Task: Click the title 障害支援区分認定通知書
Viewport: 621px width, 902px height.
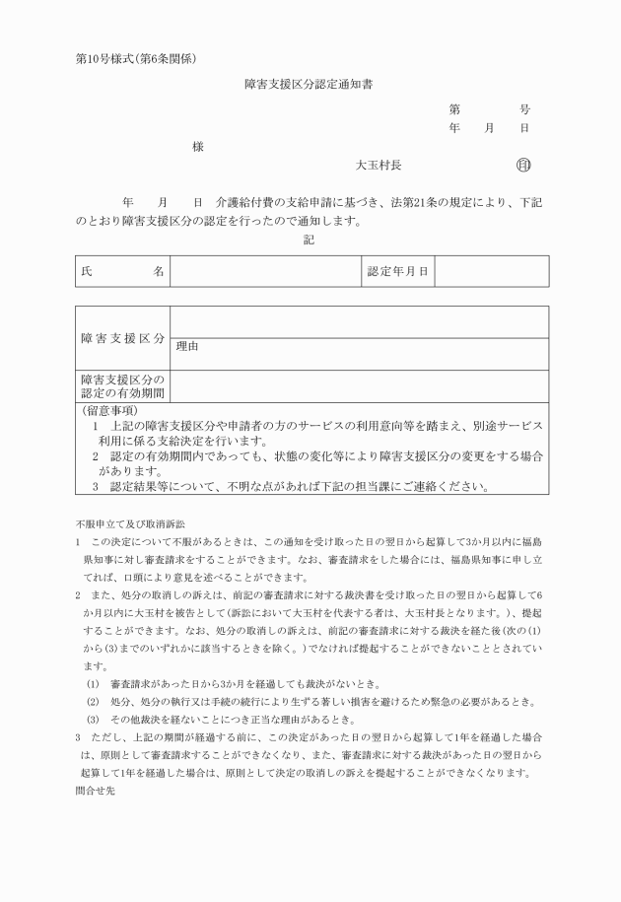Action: click(309, 85)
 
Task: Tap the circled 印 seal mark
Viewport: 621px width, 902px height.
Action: click(523, 166)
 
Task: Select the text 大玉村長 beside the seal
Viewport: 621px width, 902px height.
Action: click(379, 166)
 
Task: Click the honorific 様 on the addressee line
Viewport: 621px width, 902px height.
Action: click(198, 146)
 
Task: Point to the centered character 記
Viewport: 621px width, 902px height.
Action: click(309, 240)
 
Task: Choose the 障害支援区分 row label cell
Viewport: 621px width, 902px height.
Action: click(122, 338)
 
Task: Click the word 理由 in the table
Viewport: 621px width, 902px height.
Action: click(187, 346)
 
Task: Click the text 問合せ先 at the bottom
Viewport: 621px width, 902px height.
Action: click(96, 791)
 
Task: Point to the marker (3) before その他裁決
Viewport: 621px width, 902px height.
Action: click(93, 720)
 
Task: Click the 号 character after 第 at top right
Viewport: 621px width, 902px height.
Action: click(524, 110)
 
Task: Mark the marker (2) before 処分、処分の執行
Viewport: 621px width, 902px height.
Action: click(93, 702)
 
